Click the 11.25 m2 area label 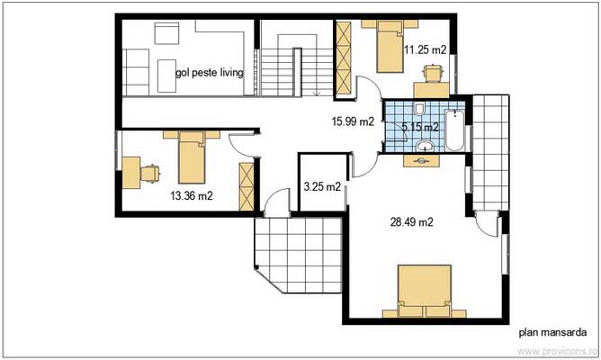[x=423, y=50]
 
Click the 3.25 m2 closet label [x=322, y=188]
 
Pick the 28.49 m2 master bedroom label [x=412, y=221]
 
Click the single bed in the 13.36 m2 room [x=193, y=157]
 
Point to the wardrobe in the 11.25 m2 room [x=342, y=58]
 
